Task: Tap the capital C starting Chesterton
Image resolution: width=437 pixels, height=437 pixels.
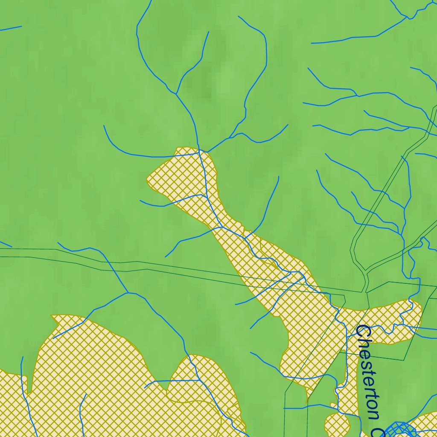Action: pos(363,332)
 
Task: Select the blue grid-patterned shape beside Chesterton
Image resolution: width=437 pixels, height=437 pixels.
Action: pos(401,429)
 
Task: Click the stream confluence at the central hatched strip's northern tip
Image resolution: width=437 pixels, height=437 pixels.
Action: pos(199,151)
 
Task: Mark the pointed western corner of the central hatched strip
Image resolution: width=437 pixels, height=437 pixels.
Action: pos(148,178)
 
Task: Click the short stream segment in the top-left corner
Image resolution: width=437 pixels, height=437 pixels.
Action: pos(11,29)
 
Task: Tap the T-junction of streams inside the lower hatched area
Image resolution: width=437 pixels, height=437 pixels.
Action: pos(199,380)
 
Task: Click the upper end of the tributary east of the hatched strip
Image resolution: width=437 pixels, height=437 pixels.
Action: pos(279,177)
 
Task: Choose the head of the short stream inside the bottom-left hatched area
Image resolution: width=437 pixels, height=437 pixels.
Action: pos(85,394)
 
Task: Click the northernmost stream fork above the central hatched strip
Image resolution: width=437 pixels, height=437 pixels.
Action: pos(176,92)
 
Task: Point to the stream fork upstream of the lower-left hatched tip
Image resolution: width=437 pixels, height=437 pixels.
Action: pos(128,293)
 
